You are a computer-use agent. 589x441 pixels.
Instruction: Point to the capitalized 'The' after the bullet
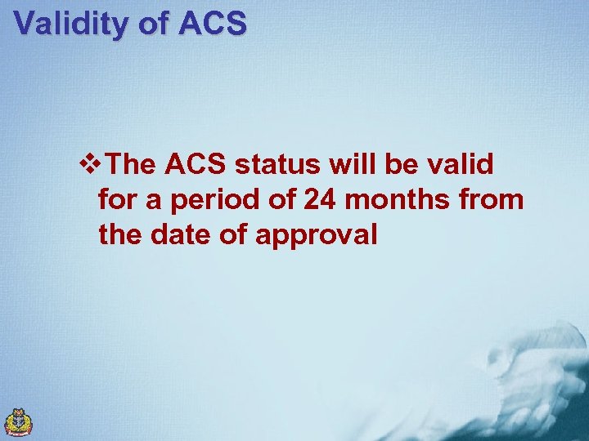click(x=131, y=165)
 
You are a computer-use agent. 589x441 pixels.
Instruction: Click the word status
click(x=278, y=165)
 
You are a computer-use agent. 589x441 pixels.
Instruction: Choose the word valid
click(x=463, y=165)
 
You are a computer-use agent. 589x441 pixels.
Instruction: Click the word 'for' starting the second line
click(x=116, y=200)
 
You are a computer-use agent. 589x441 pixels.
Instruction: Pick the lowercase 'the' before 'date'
click(x=120, y=235)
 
